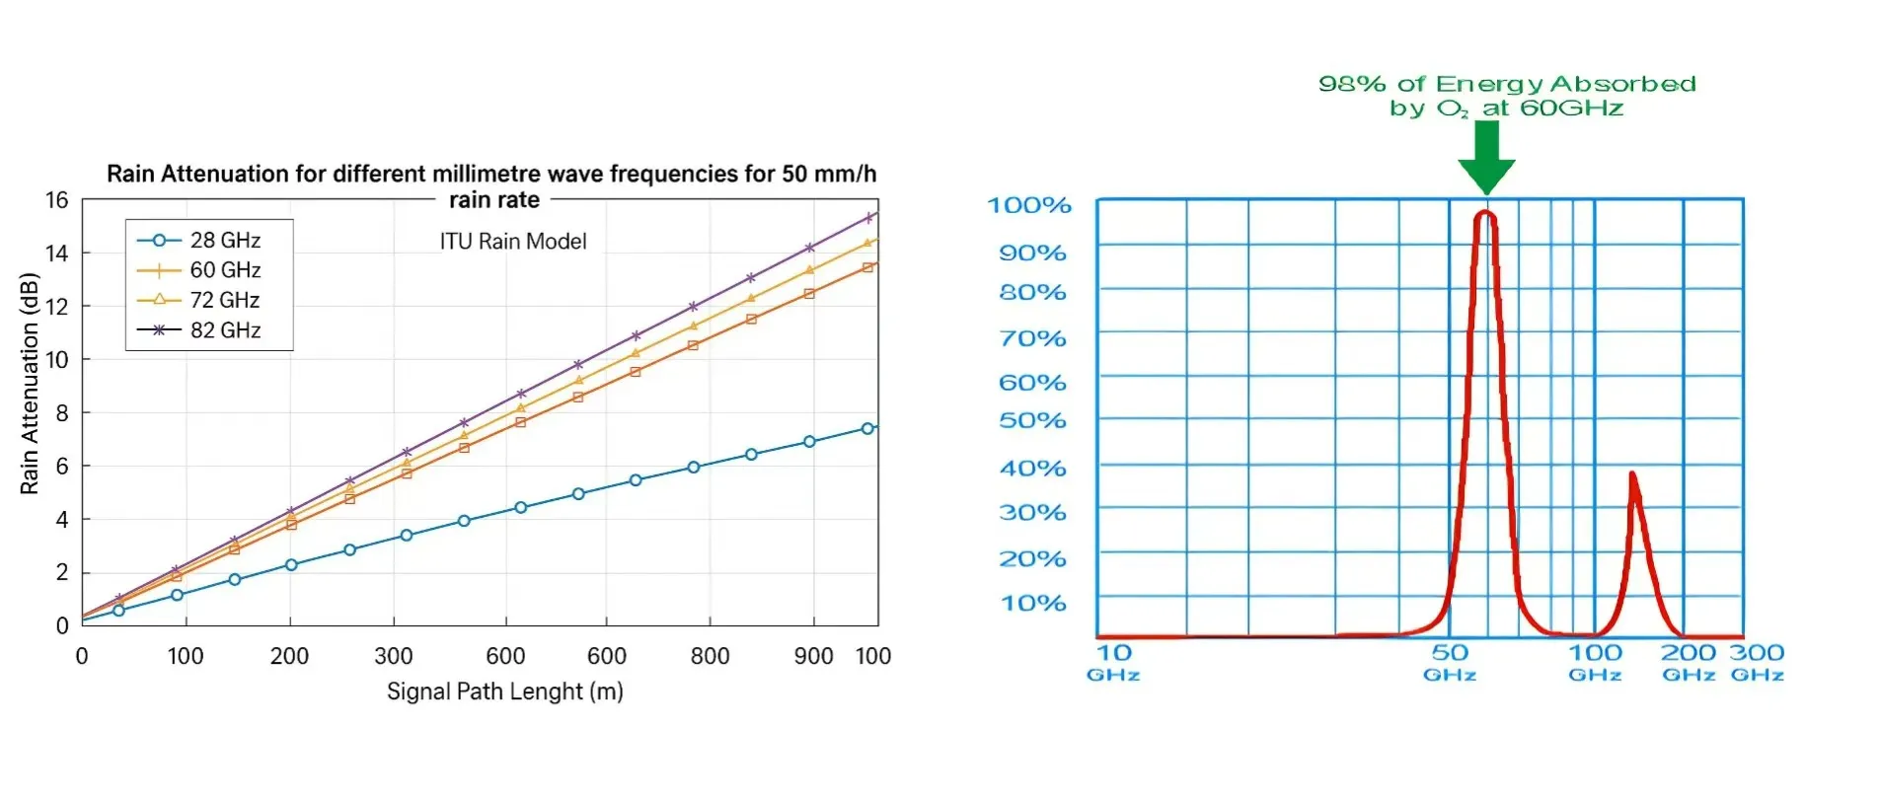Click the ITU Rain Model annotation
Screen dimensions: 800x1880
pyautogui.click(x=512, y=242)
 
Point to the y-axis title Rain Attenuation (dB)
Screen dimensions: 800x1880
pyautogui.click(x=30, y=384)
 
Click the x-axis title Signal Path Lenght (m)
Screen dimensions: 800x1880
pyautogui.click(x=504, y=691)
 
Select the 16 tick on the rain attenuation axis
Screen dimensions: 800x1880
pyautogui.click(x=57, y=200)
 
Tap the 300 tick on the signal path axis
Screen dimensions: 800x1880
pyautogui.click(x=393, y=656)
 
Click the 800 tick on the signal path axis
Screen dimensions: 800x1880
pyautogui.click(x=710, y=656)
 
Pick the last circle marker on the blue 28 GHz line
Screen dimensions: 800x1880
pyautogui.click(x=867, y=428)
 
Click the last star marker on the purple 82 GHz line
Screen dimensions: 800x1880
pyautogui.click(x=869, y=217)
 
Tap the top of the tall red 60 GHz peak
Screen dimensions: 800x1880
pyautogui.click(x=1485, y=212)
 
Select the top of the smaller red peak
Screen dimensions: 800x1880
pyautogui.click(x=1632, y=475)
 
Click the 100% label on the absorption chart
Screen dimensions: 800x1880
pyautogui.click(x=1029, y=205)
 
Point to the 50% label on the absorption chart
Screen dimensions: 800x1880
pyautogui.click(x=1032, y=421)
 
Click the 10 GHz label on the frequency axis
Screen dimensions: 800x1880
pyautogui.click(x=1114, y=661)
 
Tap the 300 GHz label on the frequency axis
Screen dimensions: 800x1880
pyautogui.click(x=1757, y=661)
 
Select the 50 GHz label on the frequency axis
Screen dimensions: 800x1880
pyautogui.click(x=1450, y=661)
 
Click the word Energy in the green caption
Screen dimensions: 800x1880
pyautogui.click(x=1490, y=85)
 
